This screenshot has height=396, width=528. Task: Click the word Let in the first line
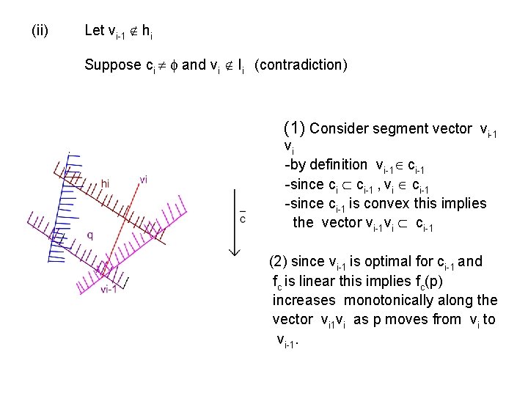point(95,30)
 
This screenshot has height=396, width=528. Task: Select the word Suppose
point(111,65)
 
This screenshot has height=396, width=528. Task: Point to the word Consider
point(340,129)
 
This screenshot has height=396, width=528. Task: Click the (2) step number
point(279,261)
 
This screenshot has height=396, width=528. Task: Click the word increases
point(304,300)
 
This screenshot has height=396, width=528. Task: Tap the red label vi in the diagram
point(143,180)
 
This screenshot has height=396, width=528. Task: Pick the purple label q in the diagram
point(90,235)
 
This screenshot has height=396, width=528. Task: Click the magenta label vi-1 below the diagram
point(110,289)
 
